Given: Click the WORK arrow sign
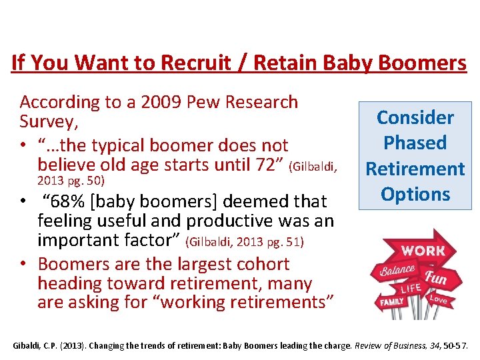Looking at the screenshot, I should click(x=421, y=251).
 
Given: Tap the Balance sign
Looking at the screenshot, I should click(x=397, y=271).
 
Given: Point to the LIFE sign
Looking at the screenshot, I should click(x=410, y=289).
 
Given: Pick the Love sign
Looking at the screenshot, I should click(x=438, y=299).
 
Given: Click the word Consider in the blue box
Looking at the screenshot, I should click(x=415, y=118).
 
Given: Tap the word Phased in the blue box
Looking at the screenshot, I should click(x=415, y=143).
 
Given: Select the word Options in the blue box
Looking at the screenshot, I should click(x=415, y=194).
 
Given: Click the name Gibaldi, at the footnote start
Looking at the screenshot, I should click(x=27, y=345).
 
